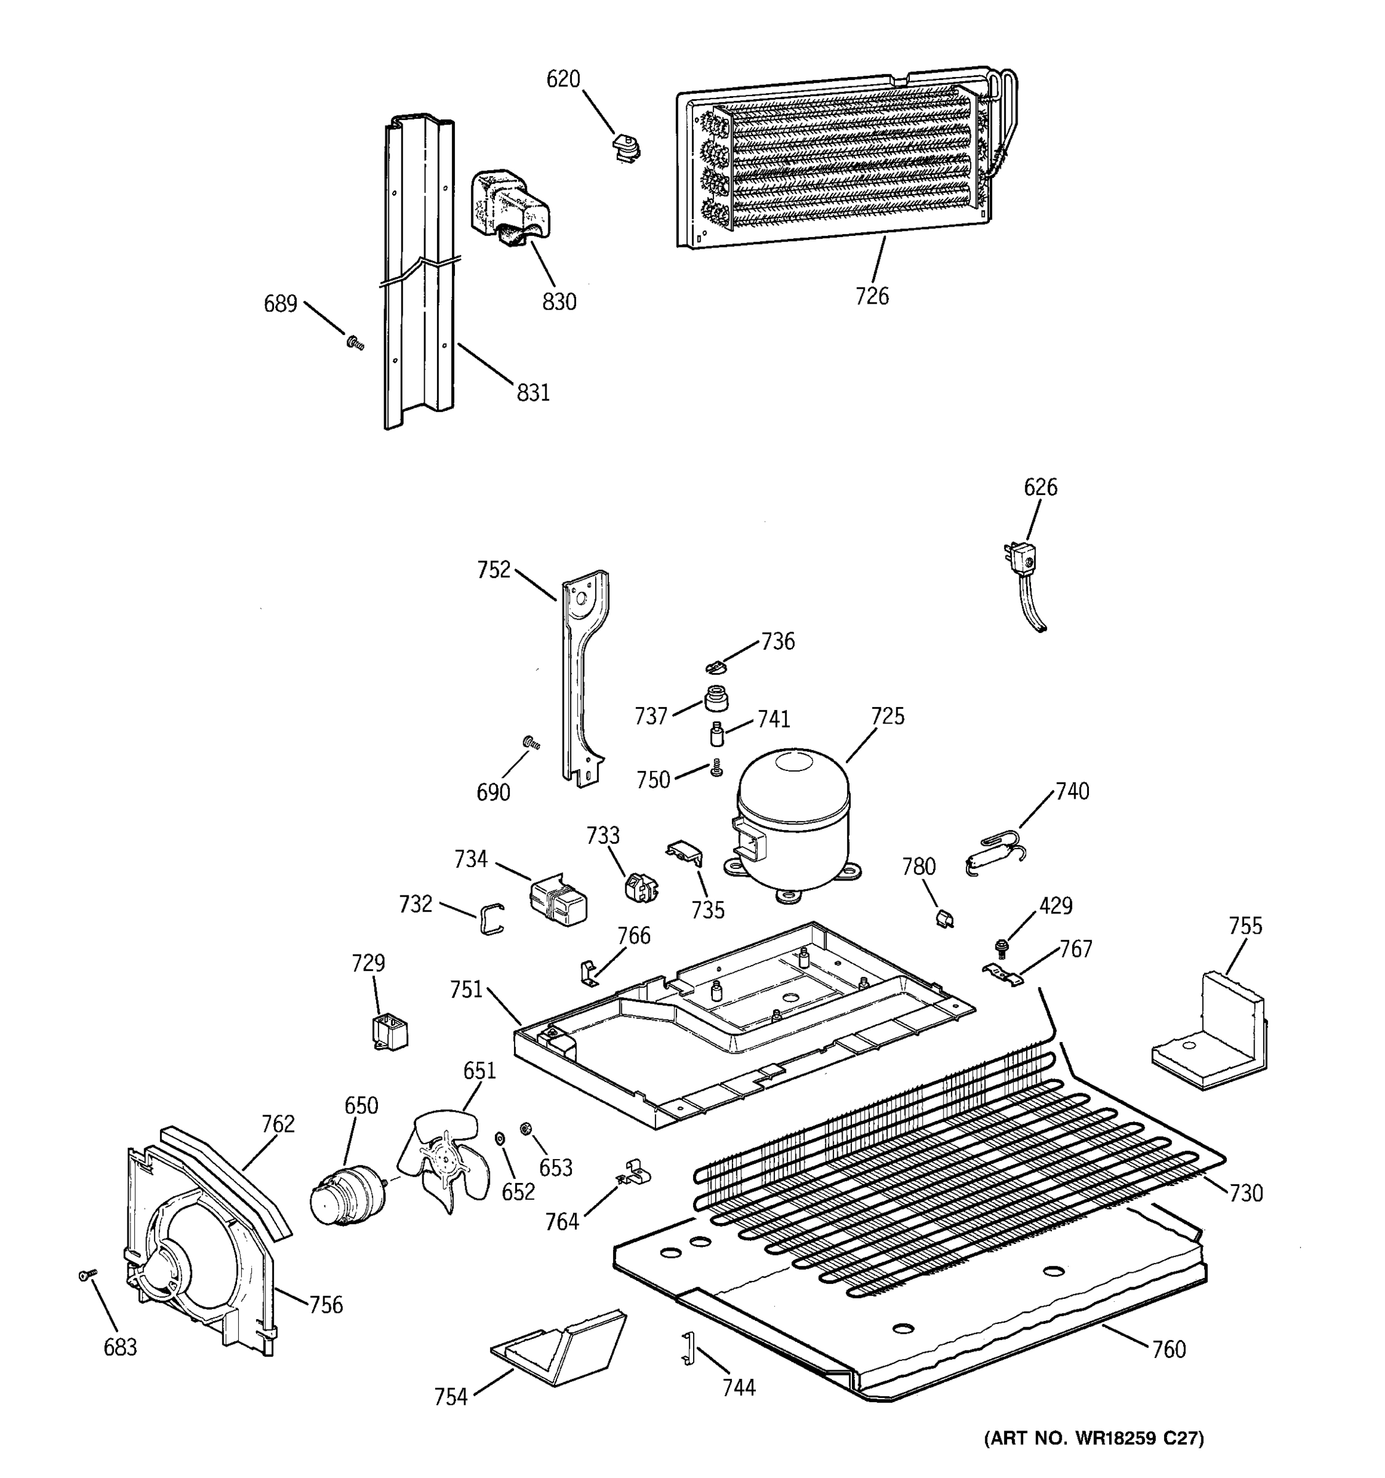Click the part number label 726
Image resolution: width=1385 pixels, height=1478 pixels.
(x=872, y=296)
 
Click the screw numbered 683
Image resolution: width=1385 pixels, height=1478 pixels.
(x=86, y=1276)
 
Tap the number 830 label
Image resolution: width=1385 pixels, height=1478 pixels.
(x=559, y=302)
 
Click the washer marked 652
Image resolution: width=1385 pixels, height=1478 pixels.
(x=499, y=1139)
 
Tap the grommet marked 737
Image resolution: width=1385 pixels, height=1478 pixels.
(x=715, y=699)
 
